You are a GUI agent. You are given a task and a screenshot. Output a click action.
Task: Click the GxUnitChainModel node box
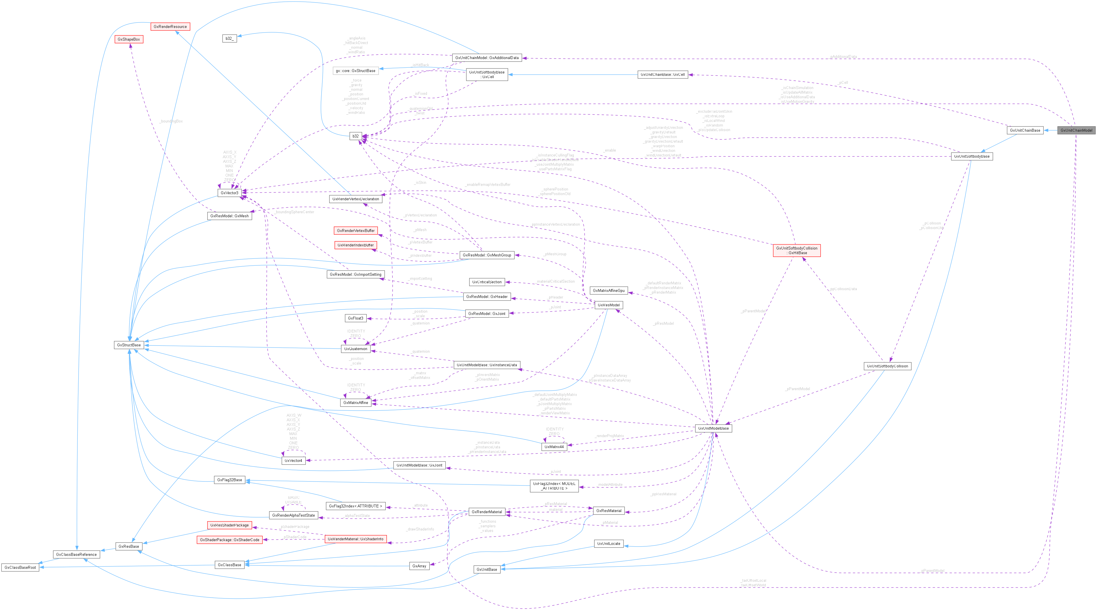coord(1076,131)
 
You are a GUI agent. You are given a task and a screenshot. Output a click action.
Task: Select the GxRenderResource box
coord(170,27)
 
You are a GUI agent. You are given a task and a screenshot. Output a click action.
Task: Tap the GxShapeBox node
coord(129,39)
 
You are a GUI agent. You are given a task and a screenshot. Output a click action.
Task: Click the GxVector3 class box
coord(229,193)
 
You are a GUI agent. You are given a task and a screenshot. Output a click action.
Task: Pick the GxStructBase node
coord(129,345)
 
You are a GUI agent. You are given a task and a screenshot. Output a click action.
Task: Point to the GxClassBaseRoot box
coord(20,567)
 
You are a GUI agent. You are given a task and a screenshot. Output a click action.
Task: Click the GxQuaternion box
coord(355,349)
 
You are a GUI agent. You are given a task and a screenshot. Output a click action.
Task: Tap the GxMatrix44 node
coord(554,447)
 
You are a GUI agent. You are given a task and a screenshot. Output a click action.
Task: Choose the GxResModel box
coord(609,305)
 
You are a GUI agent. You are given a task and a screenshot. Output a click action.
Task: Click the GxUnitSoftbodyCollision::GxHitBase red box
coord(796,250)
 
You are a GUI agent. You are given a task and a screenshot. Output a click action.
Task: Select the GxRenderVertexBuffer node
coord(355,231)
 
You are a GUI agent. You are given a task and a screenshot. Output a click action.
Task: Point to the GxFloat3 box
coord(355,318)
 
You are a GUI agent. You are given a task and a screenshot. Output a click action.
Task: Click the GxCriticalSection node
coord(487,282)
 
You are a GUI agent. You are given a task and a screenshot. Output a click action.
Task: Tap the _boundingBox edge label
coord(171,121)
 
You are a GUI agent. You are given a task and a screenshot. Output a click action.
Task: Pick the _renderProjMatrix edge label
coord(609,436)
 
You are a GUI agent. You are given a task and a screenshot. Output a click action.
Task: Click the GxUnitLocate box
coord(609,543)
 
